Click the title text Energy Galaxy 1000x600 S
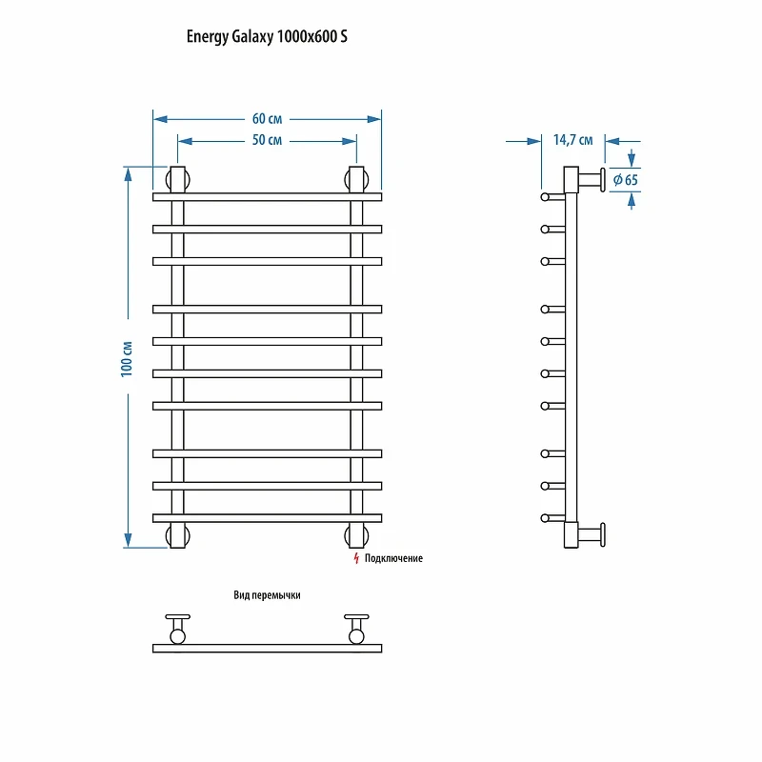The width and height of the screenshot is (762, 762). (x=267, y=37)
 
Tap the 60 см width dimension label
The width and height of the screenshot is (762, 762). (x=267, y=118)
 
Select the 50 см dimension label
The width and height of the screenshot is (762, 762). (x=267, y=140)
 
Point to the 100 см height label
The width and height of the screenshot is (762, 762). (x=127, y=359)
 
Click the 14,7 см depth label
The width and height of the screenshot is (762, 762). (x=573, y=140)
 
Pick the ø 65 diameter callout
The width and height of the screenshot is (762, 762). (x=626, y=180)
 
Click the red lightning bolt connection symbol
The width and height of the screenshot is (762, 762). (x=356, y=558)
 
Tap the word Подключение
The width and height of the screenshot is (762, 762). (x=393, y=558)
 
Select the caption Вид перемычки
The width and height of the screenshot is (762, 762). (x=267, y=595)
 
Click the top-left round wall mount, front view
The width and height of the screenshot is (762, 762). (x=177, y=180)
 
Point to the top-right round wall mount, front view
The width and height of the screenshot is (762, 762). (x=356, y=180)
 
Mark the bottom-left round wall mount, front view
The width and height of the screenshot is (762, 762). (x=177, y=535)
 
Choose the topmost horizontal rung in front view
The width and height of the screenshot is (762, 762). (x=267, y=197)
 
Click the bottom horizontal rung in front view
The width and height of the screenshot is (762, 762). (x=267, y=518)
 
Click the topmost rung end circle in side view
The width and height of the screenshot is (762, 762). (x=545, y=197)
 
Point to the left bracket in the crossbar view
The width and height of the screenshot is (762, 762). (x=177, y=630)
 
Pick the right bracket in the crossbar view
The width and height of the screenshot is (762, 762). (x=356, y=630)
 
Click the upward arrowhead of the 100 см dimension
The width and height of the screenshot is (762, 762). (x=128, y=174)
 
